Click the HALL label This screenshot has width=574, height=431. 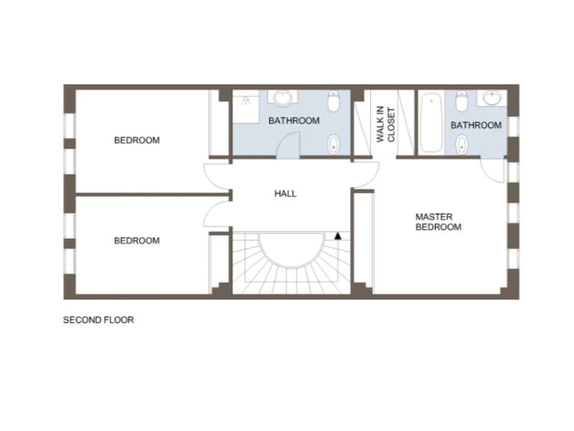tap(286, 193)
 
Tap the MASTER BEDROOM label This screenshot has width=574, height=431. tap(438, 222)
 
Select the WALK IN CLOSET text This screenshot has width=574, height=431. tap(386, 124)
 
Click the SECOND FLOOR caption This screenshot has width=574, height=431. tap(98, 320)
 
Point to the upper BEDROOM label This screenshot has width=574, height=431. tap(137, 140)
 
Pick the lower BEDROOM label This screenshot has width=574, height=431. tap(137, 241)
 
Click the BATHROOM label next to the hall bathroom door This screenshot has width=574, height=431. tap(294, 121)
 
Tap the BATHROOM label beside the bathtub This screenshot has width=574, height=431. tap(476, 125)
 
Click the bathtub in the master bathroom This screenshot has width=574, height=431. tap(431, 123)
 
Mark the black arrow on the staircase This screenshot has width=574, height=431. tap(338, 236)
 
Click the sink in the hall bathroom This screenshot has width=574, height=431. tap(282, 98)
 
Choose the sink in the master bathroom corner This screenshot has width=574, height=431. tap(492, 98)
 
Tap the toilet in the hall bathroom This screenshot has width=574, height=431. tap(334, 101)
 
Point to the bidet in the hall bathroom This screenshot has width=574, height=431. tap(333, 144)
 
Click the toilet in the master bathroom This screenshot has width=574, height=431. tap(461, 101)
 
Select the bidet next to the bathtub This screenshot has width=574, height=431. tap(462, 144)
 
